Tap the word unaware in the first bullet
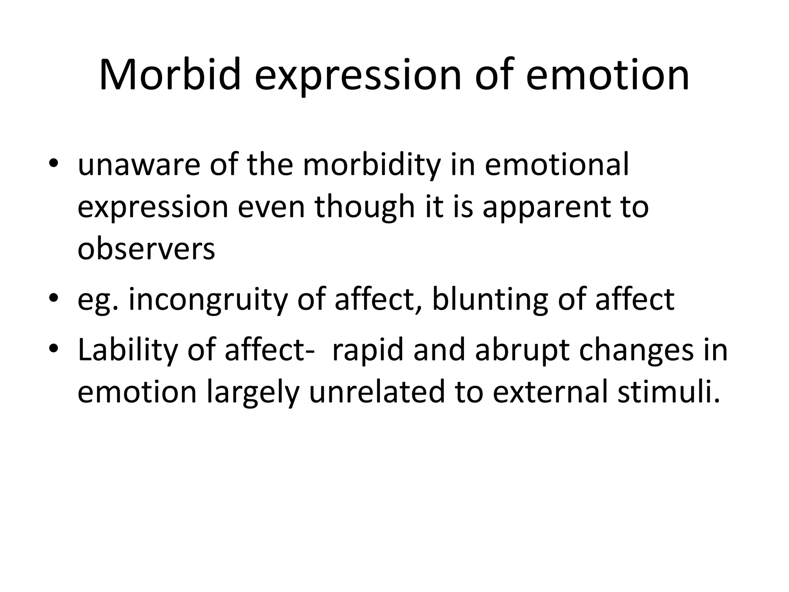click(139, 165)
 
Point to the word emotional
click(557, 165)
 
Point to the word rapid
click(368, 351)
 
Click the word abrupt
click(522, 351)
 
